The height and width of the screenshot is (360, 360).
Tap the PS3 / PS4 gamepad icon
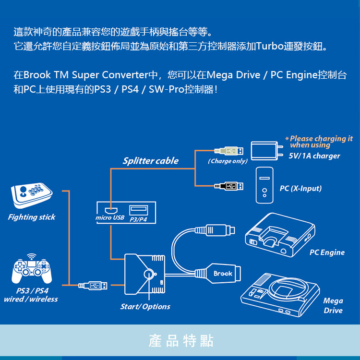[32, 270]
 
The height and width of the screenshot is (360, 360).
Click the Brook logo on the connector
[223, 274]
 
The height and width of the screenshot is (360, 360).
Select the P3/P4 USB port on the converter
[139, 210]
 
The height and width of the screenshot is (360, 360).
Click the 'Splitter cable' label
[150, 161]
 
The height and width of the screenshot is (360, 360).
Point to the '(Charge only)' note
[228, 161]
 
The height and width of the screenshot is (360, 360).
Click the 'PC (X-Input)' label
[300, 188]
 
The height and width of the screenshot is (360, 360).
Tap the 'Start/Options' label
[145, 306]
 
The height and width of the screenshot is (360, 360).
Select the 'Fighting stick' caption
[32, 217]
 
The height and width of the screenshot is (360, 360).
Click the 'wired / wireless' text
[31, 299]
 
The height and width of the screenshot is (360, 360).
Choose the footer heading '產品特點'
[180, 341]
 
